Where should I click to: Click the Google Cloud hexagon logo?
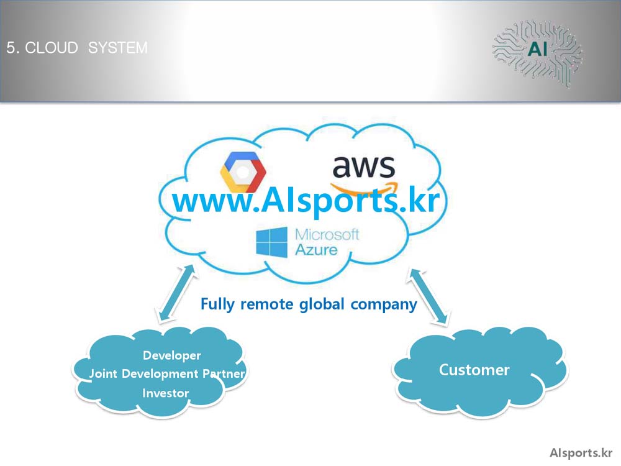[x=243, y=171]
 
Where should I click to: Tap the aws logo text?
[x=363, y=167]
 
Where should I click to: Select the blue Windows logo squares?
[x=272, y=242]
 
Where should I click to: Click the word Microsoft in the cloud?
[x=327, y=235]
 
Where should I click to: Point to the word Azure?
[x=317, y=250]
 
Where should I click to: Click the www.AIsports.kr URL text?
[x=306, y=200]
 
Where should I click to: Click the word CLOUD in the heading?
[x=52, y=48]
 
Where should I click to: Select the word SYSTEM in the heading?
[x=117, y=48]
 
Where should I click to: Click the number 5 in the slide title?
[x=11, y=48]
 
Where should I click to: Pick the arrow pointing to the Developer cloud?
[x=176, y=294]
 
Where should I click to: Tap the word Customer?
[x=474, y=370]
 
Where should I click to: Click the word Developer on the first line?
[x=172, y=355]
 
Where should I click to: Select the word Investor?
[x=166, y=393]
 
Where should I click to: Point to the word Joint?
[x=103, y=373]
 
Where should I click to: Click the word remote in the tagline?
[x=267, y=304]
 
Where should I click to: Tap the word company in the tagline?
[x=384, y=304]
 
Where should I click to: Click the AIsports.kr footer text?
[x=581, y=453]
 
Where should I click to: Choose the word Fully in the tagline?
[x=217, y=304]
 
